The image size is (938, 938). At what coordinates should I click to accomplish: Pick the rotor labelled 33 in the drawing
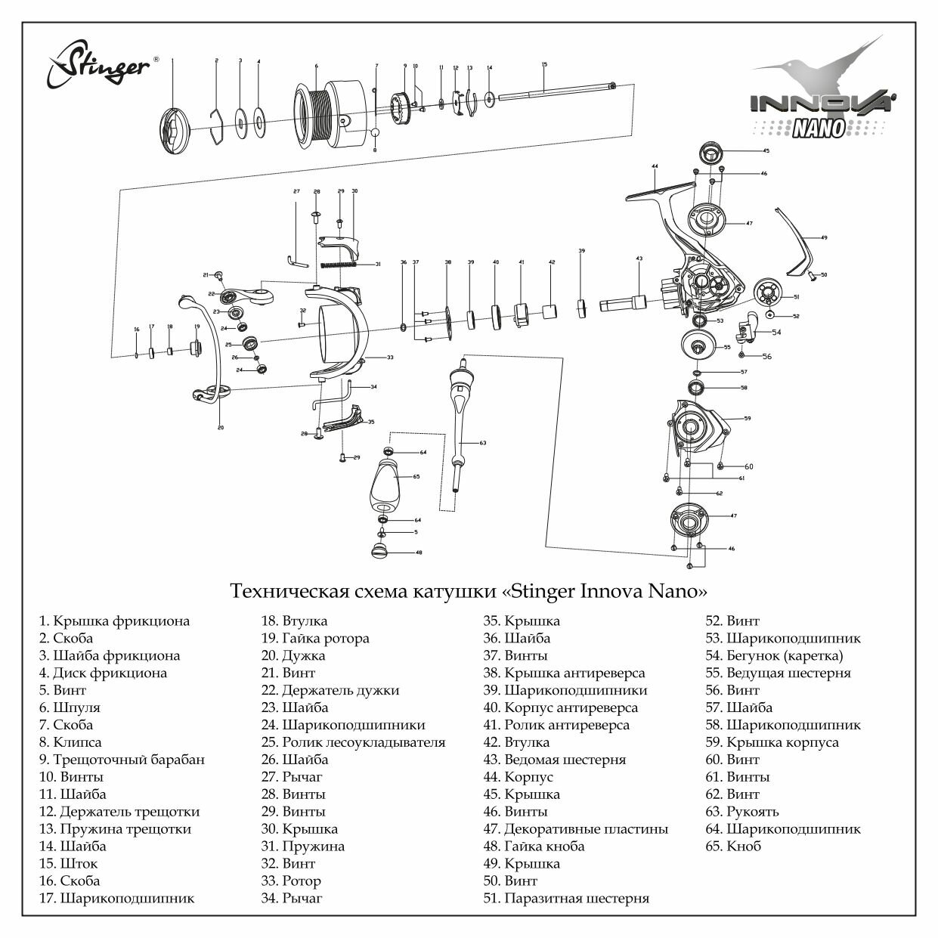pos(340,333)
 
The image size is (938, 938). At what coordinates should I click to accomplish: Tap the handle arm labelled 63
pos(459,416)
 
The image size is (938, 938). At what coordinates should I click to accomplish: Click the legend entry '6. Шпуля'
pos(70,707)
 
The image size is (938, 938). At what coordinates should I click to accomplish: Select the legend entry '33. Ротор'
pos(291,881)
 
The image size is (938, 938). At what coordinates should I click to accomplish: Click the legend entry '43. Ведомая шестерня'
pos(555,760)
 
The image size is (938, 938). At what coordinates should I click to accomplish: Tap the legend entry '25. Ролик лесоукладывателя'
pos(353,742)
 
